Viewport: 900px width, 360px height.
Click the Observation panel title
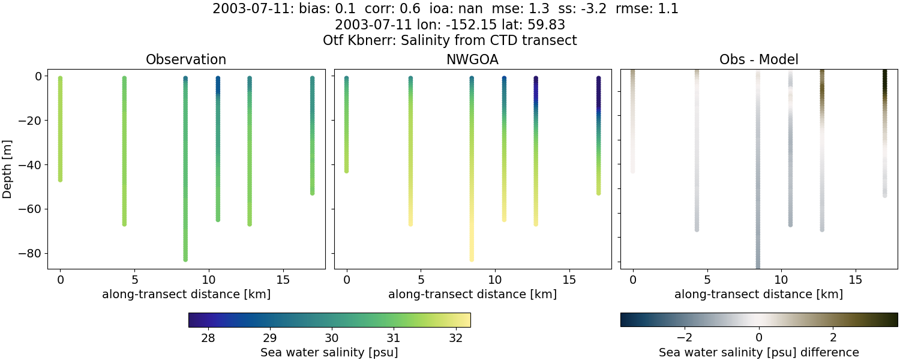pos(186,60)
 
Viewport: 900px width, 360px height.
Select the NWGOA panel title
pos(472,60)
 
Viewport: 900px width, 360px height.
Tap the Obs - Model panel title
pos(758,60)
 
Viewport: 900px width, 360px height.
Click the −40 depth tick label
pos(29,165)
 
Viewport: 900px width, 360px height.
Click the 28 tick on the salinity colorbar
pos(208,337)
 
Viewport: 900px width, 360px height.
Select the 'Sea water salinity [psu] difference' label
pos(758,352)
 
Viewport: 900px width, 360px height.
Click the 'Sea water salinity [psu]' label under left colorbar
pos(329,352)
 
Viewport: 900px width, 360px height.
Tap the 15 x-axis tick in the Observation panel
pos(283,280)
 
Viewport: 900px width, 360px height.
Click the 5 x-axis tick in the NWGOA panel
pos(421,280)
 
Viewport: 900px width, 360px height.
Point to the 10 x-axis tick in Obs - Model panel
pos(781,280)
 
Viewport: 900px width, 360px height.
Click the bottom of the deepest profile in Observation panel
pos(185,259)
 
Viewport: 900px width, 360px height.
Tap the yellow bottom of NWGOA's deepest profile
pos(472,258)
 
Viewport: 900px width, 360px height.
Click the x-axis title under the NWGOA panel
pos(472,295)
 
